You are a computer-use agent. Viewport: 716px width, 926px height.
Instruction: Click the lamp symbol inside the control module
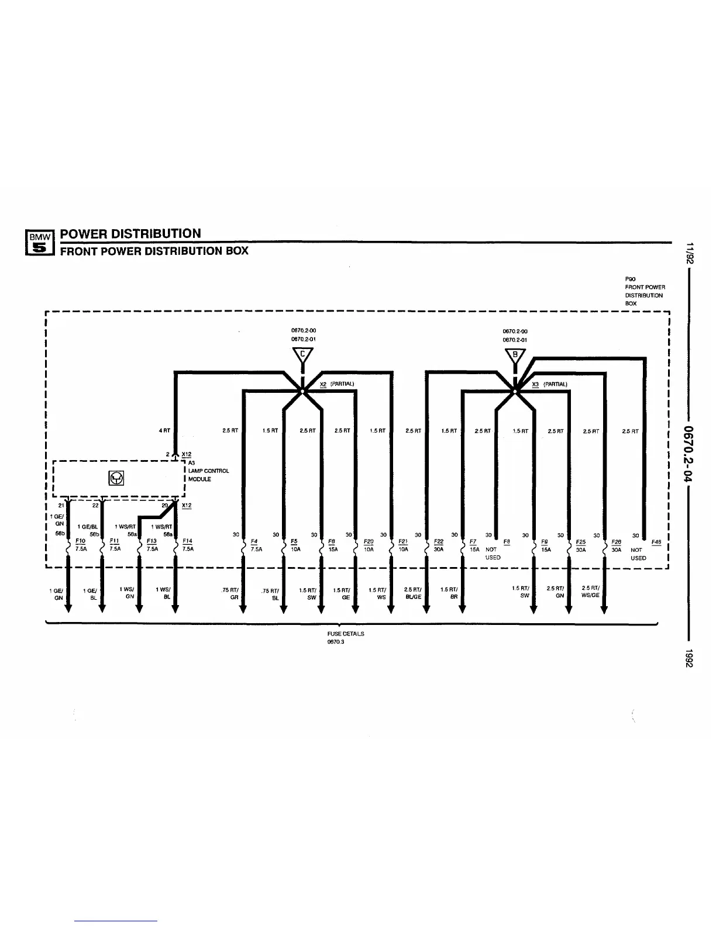coord(116,479)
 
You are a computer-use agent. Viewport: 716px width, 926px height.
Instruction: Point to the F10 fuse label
coord(80,541)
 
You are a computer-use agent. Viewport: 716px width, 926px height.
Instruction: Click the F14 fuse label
coord(187,541)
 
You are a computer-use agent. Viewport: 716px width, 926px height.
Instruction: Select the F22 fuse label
coord(439,542)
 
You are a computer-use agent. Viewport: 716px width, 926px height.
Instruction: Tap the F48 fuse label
coord(656,542)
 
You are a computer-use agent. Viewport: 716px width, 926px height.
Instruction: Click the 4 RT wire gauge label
coord(164,431)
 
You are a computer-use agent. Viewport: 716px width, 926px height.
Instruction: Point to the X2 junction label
coord(323,384)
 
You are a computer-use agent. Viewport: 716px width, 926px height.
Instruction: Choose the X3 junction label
coord(535,384)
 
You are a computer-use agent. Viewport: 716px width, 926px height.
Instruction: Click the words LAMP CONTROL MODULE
coord(208,475)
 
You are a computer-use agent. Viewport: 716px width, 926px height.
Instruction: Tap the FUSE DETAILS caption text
coord(345,634)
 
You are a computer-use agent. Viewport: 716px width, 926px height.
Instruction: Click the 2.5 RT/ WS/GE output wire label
coord(591,592)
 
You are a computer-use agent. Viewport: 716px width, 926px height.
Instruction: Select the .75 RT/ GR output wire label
coord(230,594)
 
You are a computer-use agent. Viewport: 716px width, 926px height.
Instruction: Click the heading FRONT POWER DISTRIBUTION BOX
coord(154,251)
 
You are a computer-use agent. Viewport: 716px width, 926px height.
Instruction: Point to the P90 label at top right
coord(629,279)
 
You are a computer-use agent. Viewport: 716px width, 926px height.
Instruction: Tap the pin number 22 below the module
coord(95,506)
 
